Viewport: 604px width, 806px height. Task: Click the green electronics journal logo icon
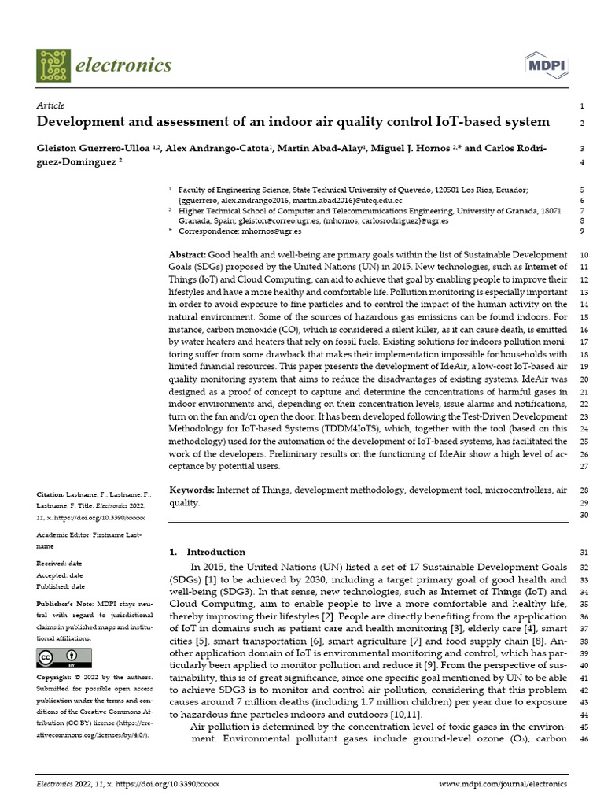[53, 65]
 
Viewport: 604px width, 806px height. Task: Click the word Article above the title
[51, 105]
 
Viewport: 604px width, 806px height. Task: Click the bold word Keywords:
[192, 490]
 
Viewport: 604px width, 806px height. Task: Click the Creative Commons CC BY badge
[58, 658]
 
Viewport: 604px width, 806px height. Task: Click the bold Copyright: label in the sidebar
[57, 677]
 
